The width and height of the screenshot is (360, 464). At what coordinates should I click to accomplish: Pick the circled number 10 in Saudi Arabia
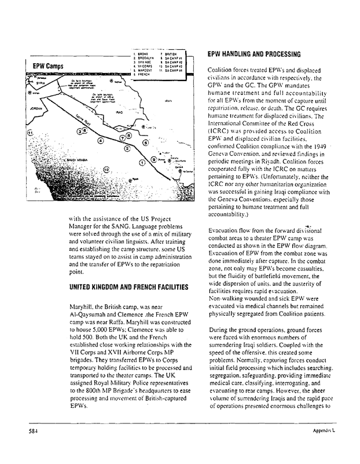pyautogui.click(x=106, y=169)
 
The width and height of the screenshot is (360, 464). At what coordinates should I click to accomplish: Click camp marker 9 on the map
pyautogui.click(x=153, y=159)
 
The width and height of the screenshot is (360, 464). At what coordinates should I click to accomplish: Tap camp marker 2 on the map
pyautogui.click(x=127, y=149)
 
